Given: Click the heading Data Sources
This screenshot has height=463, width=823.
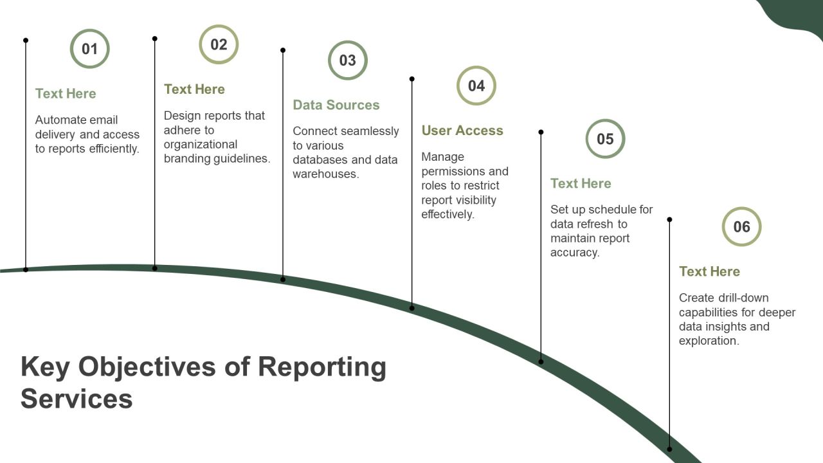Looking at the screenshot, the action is [336, 105].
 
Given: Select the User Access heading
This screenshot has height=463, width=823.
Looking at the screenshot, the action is [462, 131].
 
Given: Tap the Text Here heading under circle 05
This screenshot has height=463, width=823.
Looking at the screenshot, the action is [581, 183].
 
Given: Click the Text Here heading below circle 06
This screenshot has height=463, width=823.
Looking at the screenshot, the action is [709, 271].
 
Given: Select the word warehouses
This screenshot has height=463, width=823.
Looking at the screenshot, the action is [326, 174].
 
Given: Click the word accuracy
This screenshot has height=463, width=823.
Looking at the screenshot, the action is [575, 253].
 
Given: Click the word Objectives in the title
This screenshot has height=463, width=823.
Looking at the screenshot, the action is [147, 367].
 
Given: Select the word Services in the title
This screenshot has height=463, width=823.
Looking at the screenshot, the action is [77, 399].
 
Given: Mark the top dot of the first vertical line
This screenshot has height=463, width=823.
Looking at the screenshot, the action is [26, 41].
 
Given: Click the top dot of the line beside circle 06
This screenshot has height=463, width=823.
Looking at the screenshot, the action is [669, 219].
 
